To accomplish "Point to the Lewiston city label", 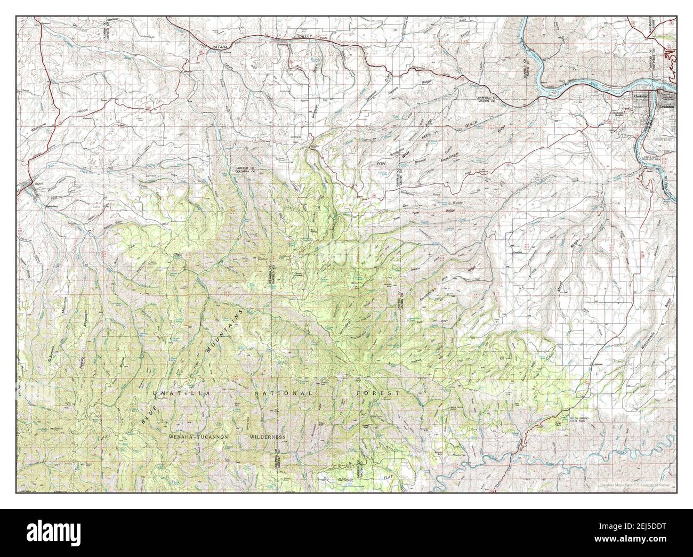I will click(666, 107).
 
